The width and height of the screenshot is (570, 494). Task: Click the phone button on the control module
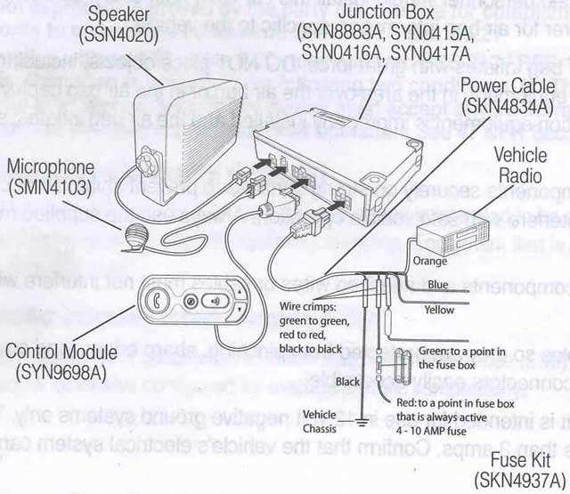click(159, 300)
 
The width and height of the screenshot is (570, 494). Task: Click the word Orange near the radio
click(431, 263)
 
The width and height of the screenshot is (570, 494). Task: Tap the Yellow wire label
click(439, 310)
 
